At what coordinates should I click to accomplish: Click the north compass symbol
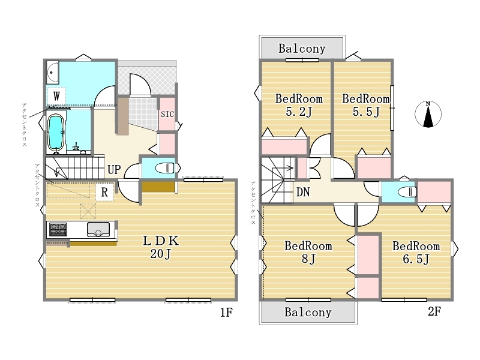tap(428, 114)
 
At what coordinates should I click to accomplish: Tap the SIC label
tap(167, 114)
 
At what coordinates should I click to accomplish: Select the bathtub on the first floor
tap(56, 133)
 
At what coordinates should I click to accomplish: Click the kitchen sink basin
tap(98, 229)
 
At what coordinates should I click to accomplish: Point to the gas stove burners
tap(58, 229)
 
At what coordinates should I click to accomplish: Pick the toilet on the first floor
tap(164, 168)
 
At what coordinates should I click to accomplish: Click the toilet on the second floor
tap(407, 192)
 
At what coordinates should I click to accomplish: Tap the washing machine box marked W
tap(56, 96)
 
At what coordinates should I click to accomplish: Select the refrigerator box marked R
tap(104, 192)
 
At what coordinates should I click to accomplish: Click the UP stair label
tap(114, 169)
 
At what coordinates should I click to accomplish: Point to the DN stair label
tap(303, 192)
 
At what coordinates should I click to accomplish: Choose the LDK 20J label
tap(161, 247)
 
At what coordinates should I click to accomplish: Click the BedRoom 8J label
tap(308, 252)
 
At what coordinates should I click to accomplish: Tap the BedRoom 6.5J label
tap(416, 253)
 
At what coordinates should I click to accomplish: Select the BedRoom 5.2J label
tap(299, 105)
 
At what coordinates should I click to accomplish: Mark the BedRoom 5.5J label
tap(366, 105)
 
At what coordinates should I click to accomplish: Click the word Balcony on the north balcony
tap(302, 49)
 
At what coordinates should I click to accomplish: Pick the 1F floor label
tap(227, 312)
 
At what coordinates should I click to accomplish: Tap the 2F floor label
tap(434, 311)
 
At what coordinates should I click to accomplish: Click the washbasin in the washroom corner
tap(53, 73)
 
